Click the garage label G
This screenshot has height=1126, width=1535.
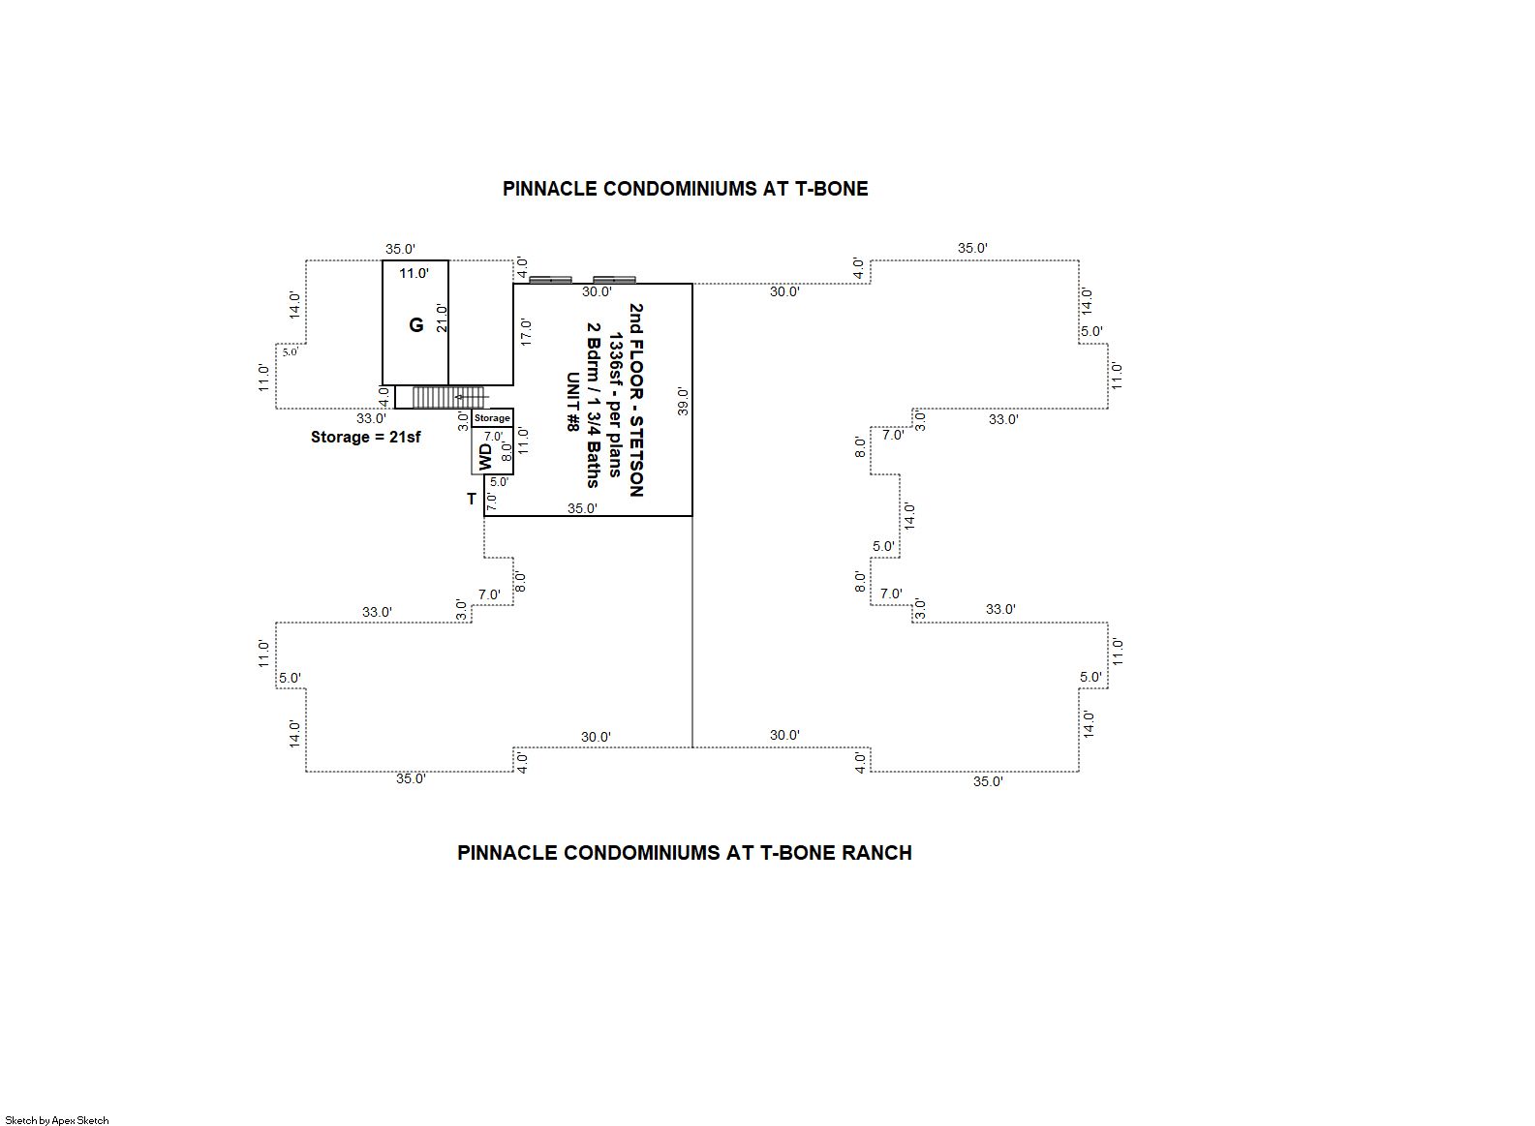click(x=416, y=324)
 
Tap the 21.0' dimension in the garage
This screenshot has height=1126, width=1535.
click(x=442, y=319)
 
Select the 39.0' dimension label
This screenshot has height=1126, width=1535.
click(x=683, y=402)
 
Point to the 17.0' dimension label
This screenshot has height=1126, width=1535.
click(x=526, y=331)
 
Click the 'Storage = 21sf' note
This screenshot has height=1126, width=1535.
click(x=365, y=437)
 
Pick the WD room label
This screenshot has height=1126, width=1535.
click(x=485, y=457)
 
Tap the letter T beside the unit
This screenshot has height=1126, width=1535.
click(x=472, y=499)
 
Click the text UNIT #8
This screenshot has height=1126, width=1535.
click(x=571, y=402)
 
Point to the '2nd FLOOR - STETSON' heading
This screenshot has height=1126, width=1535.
click(x=636, y=400)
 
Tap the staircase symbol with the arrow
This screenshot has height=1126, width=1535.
click(x=449, y=397)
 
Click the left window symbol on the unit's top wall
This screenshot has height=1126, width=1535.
click(x=550, y=280)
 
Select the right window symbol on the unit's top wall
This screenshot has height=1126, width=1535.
click(x=614, y=280)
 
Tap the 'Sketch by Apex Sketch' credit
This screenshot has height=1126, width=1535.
click(x=57, y=1120)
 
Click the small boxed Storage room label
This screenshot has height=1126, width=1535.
click(x=492, y=418)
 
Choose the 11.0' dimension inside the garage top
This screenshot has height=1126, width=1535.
click(x=414, y=273)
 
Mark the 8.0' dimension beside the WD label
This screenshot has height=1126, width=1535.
click(x=507, y=451)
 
